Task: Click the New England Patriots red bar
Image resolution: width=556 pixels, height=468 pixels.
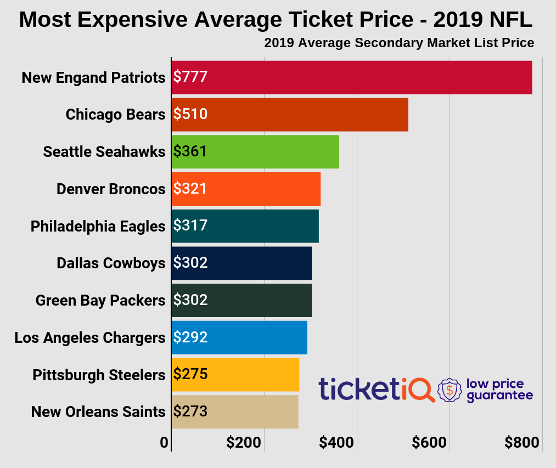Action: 351,77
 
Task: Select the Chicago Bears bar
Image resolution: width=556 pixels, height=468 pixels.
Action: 289,115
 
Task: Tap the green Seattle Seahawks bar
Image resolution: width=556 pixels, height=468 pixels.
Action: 255,151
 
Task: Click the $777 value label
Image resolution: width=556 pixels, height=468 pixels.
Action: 190,77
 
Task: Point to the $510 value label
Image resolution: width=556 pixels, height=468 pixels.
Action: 190,114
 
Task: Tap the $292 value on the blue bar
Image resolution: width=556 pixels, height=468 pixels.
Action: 190,337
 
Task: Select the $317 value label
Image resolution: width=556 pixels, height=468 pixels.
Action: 190,225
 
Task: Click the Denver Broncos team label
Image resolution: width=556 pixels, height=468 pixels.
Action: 110,189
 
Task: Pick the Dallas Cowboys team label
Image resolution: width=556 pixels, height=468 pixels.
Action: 110,263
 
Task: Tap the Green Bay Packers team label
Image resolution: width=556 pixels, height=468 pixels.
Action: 100,301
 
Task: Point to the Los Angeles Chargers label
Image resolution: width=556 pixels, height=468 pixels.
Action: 89,337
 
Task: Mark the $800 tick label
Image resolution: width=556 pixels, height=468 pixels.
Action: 522,443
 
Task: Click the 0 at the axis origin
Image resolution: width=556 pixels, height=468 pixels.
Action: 164,443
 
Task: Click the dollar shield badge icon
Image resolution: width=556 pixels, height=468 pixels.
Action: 450,390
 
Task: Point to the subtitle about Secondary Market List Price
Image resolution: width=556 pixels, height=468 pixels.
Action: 399,43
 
